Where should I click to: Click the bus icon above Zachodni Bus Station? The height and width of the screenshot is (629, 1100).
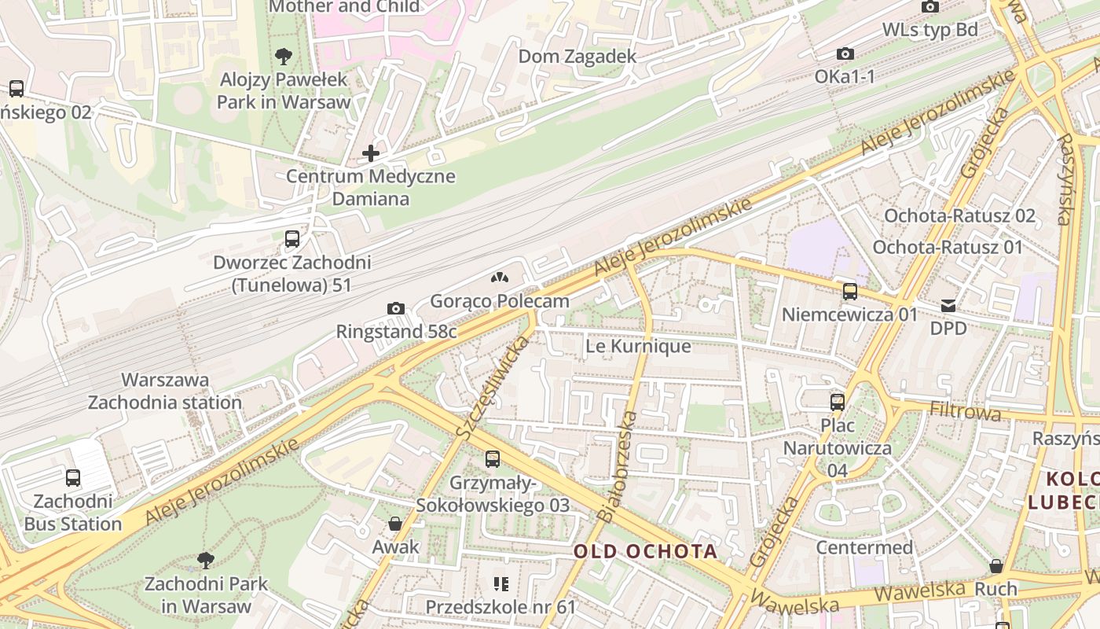point(73,477)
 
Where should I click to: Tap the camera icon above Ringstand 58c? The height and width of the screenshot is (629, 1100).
point(396,308)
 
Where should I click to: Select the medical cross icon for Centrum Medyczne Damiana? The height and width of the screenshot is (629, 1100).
point(371,153)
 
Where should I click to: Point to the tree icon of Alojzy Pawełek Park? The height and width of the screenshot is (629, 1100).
point(284,57)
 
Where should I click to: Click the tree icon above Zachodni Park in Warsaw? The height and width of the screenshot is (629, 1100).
point(205,561)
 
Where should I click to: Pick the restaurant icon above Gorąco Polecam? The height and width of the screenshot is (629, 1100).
point(499,278)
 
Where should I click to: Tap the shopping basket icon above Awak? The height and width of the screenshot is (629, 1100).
point(395,524)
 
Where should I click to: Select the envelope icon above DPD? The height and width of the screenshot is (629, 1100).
point(948,305)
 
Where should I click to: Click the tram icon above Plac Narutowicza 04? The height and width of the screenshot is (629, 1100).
point(838,403)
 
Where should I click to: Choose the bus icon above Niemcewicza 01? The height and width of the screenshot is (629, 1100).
point(849,292)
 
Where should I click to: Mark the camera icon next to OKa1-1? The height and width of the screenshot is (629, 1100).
point(845,53)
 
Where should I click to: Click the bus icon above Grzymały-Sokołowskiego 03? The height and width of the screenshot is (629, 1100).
point(493,459)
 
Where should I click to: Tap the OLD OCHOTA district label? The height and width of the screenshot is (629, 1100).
point(645,551)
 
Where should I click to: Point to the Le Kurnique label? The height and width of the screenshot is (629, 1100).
point(639,346)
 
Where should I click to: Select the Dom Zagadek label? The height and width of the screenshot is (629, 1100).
point(577,57)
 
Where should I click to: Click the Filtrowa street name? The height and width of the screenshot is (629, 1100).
point(965,410)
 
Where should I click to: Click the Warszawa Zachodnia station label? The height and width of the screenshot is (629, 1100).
point(165,391)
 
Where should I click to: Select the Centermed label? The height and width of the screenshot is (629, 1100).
point(864,547)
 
